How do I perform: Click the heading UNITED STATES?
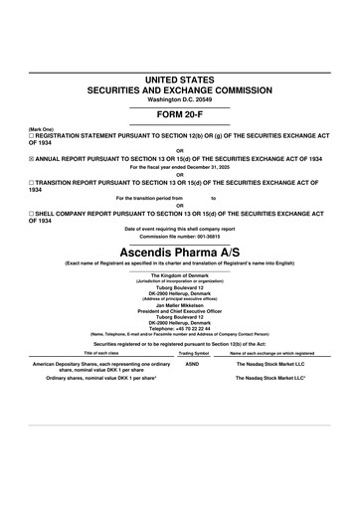180,78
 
